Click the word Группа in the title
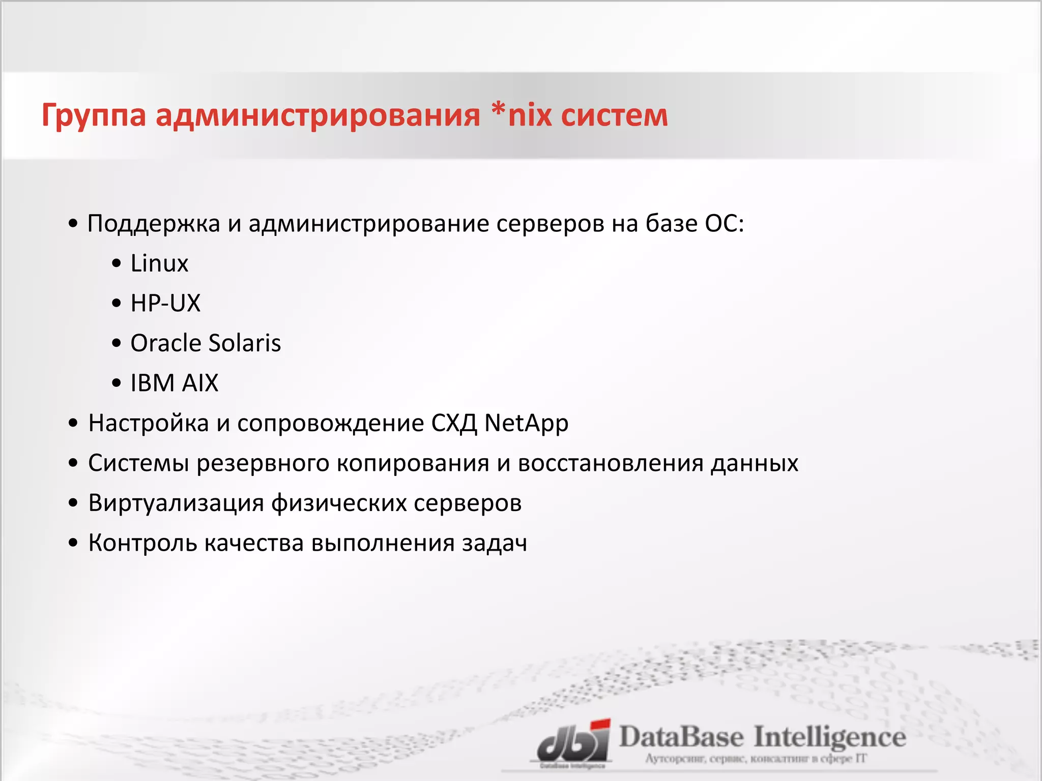click(94, 116)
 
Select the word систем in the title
click(615, 116)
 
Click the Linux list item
click(159, 263)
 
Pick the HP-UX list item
click(165, 303)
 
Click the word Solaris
click(245, 343)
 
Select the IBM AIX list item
click(174, 383)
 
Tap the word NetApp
click(526, 424)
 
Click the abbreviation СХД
click(454, 424)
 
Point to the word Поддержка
click(154, 224)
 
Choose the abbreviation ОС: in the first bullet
click(724, 224)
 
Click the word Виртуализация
click(176, 503)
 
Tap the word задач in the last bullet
click(494, 543)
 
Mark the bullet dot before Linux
click(117, 264)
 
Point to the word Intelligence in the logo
click(829, 737)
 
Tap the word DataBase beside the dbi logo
click(681, 737)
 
